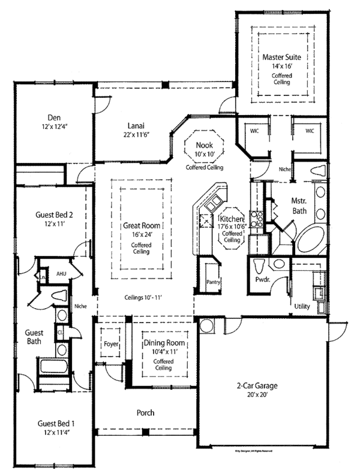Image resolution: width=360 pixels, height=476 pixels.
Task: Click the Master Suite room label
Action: pos(281,58)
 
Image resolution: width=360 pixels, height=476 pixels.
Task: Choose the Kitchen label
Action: pos(232,220)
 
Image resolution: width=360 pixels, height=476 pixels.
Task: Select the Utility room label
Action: pos(302,306)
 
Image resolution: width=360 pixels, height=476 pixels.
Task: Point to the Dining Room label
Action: pos(163,343)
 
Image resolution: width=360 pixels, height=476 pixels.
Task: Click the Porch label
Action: pos(146,412)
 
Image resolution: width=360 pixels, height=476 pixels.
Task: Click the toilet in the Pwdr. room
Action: pos(260,266)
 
